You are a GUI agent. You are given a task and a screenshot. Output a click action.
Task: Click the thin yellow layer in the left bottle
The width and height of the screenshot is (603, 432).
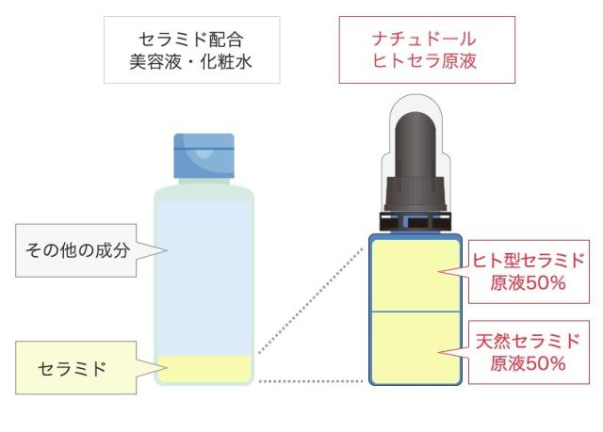[x=204, y=366]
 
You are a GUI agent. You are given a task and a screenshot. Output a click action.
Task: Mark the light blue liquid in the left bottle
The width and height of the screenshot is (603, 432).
[x=204, y=273]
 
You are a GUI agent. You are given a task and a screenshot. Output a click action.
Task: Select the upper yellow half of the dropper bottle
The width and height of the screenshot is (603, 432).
[x=415, y=274]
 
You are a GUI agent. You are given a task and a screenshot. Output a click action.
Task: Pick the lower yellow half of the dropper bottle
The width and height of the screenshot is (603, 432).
[x=415, y=346]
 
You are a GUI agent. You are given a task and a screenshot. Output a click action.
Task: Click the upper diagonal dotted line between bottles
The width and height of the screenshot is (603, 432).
[x=311, y=299]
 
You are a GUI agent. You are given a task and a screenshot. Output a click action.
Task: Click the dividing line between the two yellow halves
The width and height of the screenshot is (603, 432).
[x=415, y=311]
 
